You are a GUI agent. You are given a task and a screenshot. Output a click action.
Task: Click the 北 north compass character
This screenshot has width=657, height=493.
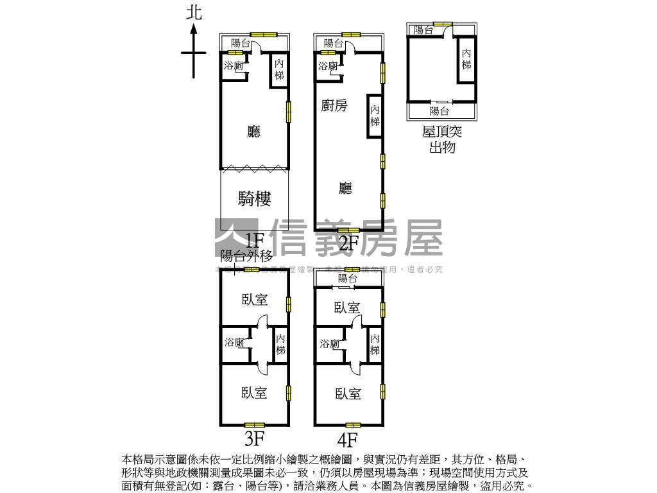point(194,12)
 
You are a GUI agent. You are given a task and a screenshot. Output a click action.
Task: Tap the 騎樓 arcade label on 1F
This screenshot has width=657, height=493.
point(255,199)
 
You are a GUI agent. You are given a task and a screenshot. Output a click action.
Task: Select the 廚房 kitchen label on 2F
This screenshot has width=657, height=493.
point(334,106)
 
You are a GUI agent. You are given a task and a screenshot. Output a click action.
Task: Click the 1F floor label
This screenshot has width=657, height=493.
point(255,241)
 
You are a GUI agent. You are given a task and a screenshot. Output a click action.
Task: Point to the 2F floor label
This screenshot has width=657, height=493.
point(348,243)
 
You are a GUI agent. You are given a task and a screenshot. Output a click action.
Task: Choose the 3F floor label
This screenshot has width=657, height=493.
point(255,439)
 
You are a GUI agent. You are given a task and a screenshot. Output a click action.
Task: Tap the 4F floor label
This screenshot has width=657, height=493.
point(348,440)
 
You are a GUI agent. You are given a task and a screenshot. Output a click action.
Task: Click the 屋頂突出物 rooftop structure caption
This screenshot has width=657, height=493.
point(442,139)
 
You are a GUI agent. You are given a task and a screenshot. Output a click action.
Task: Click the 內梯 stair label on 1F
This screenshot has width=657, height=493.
point(279,69)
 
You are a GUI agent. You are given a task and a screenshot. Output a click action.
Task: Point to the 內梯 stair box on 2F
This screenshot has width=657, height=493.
point(375,116)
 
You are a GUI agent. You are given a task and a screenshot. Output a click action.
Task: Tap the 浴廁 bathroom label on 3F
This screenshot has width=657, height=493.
point(234,343)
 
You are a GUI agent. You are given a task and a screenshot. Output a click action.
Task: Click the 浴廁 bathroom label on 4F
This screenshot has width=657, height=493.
point(329,344)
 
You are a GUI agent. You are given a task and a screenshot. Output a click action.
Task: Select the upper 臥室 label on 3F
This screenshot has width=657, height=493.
point(255,299)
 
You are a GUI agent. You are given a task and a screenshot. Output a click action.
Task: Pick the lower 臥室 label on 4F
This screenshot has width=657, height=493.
point(348,394)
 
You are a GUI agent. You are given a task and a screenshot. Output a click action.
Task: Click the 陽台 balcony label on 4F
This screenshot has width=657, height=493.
point(348,279)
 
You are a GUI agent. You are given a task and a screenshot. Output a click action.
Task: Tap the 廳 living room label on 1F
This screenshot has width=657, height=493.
point(254,132)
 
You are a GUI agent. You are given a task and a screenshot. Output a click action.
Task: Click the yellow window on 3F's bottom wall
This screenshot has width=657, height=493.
point(255,424)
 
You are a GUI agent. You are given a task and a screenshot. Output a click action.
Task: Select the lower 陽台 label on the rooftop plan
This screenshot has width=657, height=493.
point(439,111)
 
